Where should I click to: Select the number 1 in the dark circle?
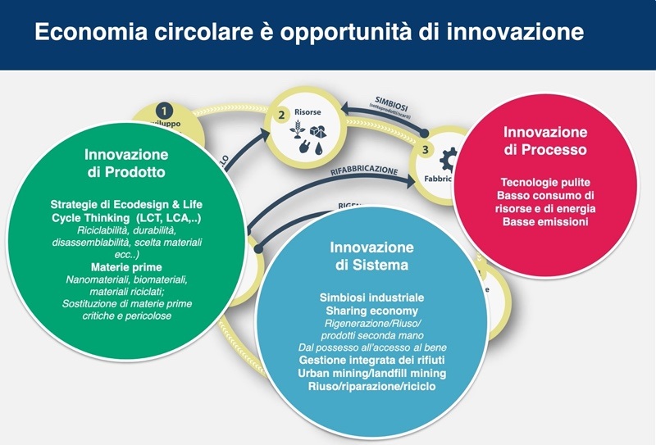coord(164,111)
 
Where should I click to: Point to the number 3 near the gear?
coord(425,149)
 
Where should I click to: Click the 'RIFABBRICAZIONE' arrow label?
coord(364,172)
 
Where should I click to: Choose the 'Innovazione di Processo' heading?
coord(544,141)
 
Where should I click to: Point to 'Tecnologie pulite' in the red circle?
coord(544,182)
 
